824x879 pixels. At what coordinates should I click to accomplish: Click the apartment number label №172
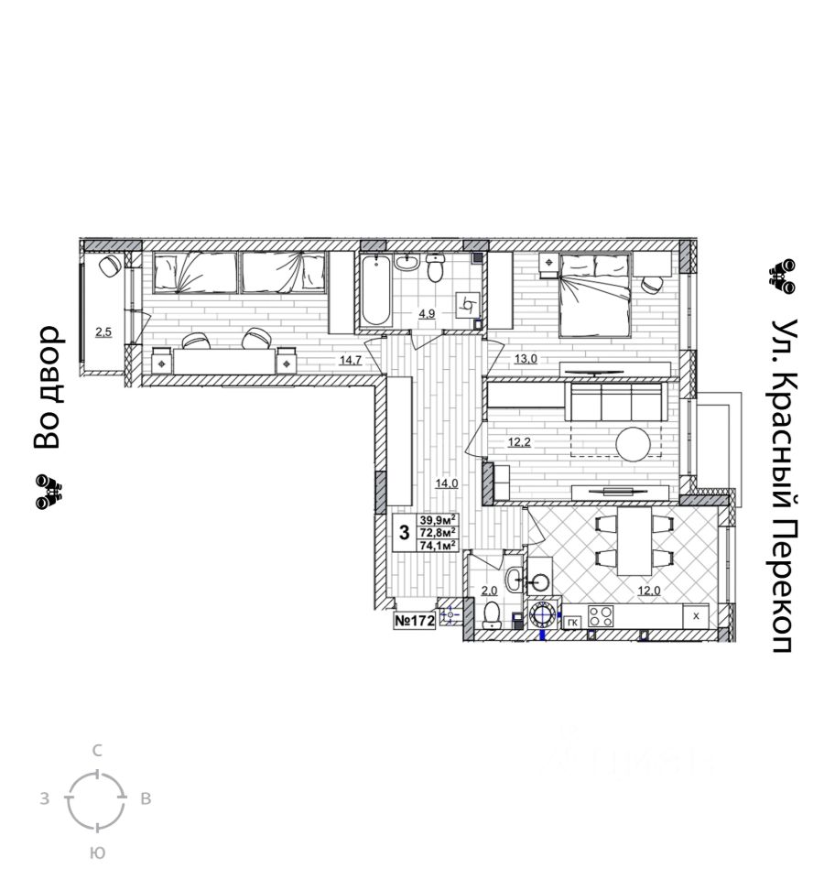tap(415, 622)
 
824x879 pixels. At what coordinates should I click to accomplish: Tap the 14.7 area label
tap(350, 360)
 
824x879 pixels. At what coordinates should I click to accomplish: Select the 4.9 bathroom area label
tap(427, 313)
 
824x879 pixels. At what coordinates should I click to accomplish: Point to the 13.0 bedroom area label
tap(525, 359)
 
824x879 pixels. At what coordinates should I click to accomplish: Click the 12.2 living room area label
tap(519, 442)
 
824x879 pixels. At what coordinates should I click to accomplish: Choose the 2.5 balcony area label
tap(103, 331)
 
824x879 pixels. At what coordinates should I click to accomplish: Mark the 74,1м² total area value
tap(438, 544)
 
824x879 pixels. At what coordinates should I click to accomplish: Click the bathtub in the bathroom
tap(376, 290)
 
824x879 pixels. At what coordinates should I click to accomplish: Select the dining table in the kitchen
tap(634, 540)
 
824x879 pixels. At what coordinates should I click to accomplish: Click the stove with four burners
tap(600, 616)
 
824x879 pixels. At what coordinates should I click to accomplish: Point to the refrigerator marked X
tap(696, 616)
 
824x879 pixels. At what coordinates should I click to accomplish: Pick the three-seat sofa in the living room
tap(615, 401)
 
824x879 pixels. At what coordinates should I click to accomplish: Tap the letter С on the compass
tap(97, 751)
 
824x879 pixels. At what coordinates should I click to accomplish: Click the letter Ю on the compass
tap(97, 852)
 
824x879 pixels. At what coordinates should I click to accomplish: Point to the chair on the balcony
tap(110, 266)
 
